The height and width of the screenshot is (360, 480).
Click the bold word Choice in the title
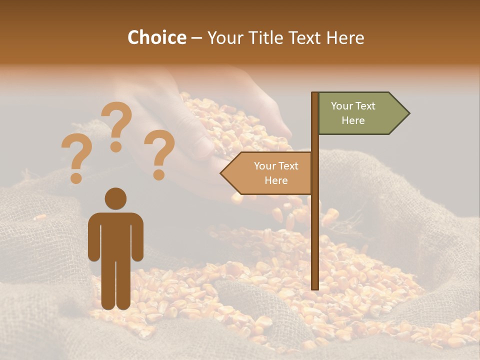tap(156, 37)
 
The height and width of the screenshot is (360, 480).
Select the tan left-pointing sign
tap(270, 173)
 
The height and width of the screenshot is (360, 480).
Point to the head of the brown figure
tap(115, 198)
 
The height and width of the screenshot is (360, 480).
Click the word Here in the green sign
tap(353, 120)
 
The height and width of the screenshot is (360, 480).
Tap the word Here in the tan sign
tap(276, 180)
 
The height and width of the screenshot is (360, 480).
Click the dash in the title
tap(196, 38)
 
